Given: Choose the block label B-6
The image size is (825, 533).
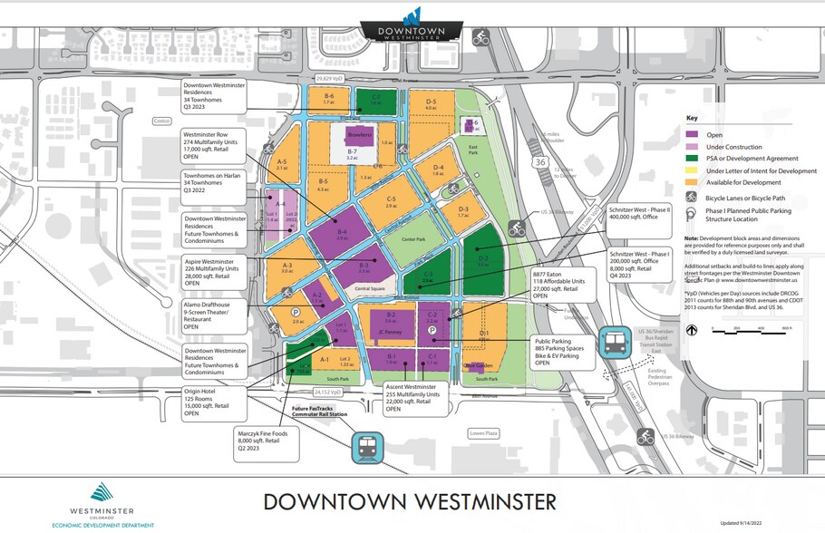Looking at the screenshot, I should click(330, 98).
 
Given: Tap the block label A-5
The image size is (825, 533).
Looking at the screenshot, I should click(282, 164).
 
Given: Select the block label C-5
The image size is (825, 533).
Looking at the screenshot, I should click(392, 201).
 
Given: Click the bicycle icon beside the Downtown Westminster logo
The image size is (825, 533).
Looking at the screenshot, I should click(480, 38).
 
